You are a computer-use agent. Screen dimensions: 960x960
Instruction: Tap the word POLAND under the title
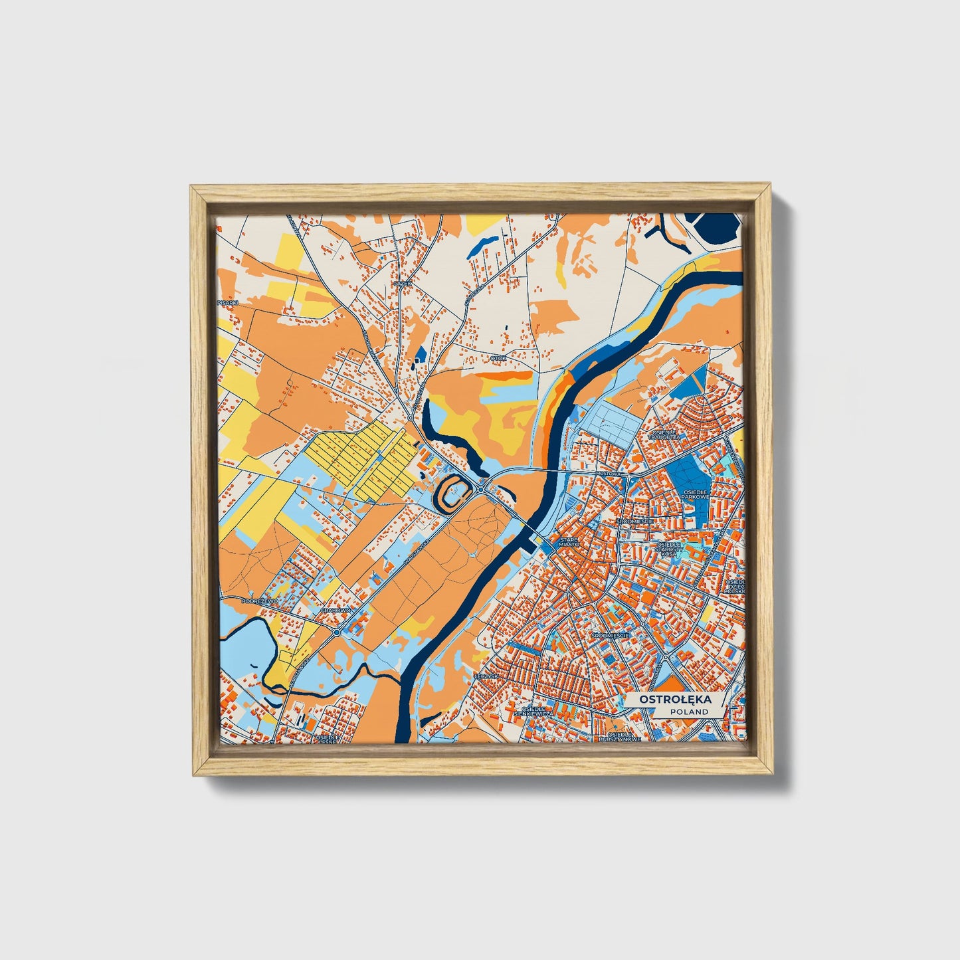tap(689, 712)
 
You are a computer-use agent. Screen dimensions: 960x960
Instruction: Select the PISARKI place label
tap(227, 302)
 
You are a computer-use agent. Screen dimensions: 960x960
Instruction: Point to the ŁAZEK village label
tap(399, 282)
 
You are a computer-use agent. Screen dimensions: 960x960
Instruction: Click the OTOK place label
tap(498, 358)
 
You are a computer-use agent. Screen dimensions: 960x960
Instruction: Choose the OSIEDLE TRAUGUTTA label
tap(663, 435)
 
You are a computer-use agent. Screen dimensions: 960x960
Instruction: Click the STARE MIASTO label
tap(569, 542)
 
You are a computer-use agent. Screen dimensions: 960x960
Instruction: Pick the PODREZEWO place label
tap(258, 600)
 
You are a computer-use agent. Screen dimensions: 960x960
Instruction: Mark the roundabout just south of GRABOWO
tap(337, 632)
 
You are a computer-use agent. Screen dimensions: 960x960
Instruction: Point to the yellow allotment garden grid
tap(359, 458)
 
